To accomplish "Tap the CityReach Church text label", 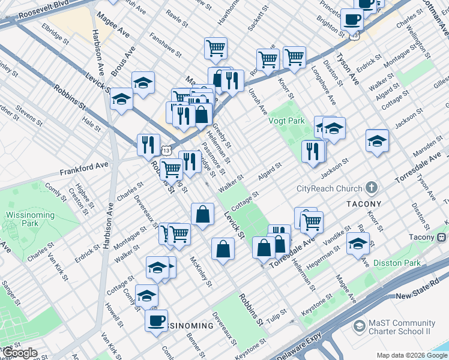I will point(330,188).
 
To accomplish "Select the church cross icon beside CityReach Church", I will point(372,188).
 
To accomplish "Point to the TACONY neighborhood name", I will point(364,204).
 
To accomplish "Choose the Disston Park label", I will point(396,263).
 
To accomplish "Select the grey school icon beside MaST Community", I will point(360,327).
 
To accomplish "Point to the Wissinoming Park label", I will point(23,220).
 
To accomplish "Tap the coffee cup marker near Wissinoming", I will point(156,320).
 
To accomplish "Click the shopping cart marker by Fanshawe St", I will point(215,48).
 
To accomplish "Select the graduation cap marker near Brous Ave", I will point(143,83).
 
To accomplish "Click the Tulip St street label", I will point(277,317).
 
